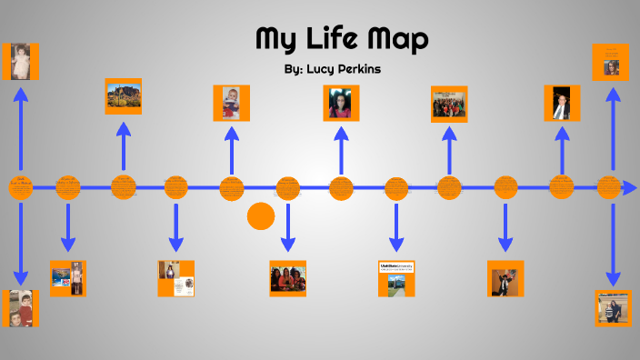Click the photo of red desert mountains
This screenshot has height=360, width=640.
tap(124, 95)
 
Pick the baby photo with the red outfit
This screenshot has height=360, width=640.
tap(232, 103)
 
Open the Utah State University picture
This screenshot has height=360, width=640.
tap(396, 277)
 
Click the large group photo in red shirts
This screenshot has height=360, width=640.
tap(449, 104)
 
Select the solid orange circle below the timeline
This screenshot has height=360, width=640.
tap(261, 215)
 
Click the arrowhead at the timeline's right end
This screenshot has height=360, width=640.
tap(628, 187)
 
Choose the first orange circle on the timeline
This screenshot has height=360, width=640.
tap(20, 187)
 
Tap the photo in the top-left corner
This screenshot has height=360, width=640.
tap(20, 61)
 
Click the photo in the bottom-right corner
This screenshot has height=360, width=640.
tap(613, 308)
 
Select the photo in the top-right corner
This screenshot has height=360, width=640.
tap(611, 61)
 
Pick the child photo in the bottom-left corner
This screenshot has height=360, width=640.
tap(20, 308)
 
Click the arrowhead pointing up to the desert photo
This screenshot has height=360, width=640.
tap(124, 128)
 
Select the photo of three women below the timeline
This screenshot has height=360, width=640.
tap(287, 277)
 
